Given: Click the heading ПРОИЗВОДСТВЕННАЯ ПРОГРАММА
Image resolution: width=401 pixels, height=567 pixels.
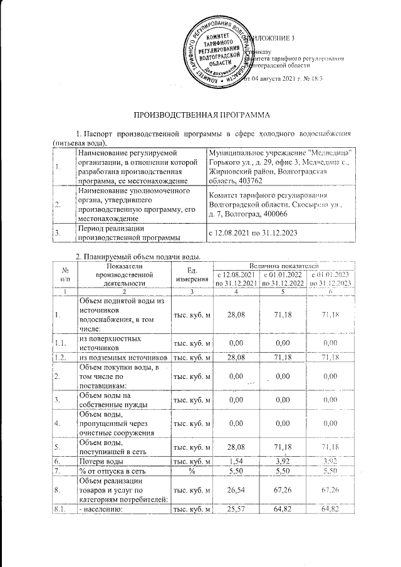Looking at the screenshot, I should [x=200, y=116].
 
